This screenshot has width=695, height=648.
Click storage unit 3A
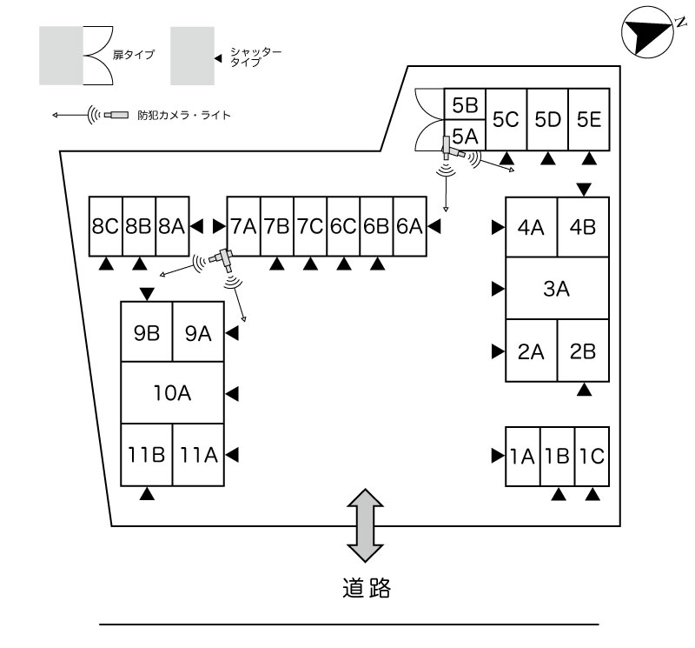click(557, 289)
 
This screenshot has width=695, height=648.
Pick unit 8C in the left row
click(105, 226)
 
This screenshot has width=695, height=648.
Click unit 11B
click(146, 454)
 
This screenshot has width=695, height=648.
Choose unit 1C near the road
click(592, 455)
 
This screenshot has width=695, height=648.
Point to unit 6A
click(410, 226)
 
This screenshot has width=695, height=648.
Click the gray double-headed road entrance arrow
click(365, 524)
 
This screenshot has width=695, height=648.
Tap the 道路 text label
click(365, 590)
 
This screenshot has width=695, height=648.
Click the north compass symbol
click(646, 33)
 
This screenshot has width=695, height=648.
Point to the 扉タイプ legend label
click(133, 55)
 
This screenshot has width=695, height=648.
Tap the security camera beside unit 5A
click(453, 150)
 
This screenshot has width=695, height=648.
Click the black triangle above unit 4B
click(584, 189)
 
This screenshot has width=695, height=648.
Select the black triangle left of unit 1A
click(498, 455)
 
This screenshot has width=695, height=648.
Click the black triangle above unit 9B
click(146, 293)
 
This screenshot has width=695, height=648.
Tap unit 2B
click(583, 351)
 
